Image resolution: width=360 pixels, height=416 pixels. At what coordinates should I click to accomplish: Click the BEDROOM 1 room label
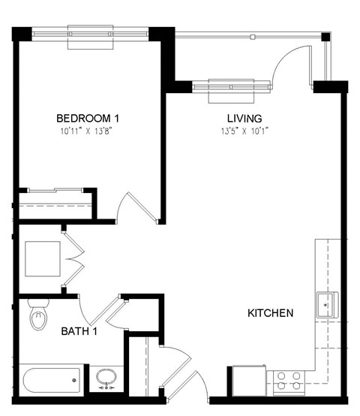click(x=88, y=118)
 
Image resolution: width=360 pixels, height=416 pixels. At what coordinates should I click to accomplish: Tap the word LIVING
click(x=244, y=118)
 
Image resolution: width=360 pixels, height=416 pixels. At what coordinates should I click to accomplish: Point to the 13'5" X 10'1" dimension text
click(x=244, y=130)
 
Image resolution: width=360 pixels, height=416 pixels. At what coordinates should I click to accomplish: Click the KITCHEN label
click(x=270, y=312)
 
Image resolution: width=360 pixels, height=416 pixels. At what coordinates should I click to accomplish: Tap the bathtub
click(x=51, y=380)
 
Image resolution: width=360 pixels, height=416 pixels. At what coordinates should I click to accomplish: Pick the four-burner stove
click(x=288, y=380)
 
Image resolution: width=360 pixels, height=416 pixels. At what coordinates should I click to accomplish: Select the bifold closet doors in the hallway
click(x=73, y=259)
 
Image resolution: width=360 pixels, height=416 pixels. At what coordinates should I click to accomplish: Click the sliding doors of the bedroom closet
click(x=52, y=191)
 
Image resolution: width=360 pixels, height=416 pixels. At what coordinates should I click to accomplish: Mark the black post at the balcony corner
click(x=325, y=36)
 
